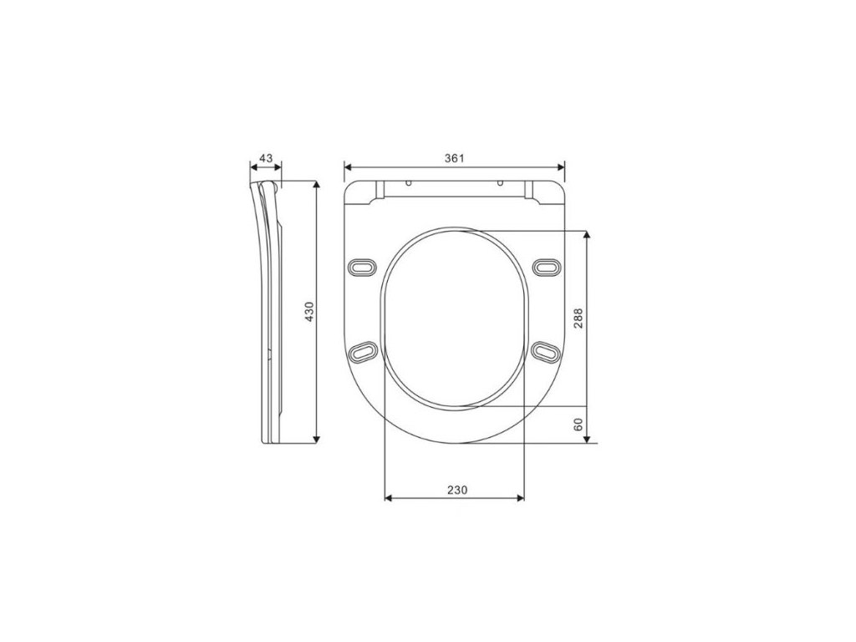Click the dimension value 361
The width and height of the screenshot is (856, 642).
pos(454,158)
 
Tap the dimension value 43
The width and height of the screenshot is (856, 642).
pos(266,158)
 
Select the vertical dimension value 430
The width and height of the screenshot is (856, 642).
pos(309,311)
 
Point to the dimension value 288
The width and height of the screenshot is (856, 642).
pos(578,318)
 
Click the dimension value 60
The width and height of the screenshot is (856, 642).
pos(578,424)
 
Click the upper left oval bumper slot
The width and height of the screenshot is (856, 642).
pos(361,267)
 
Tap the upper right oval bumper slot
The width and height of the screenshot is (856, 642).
pos(547,267)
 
